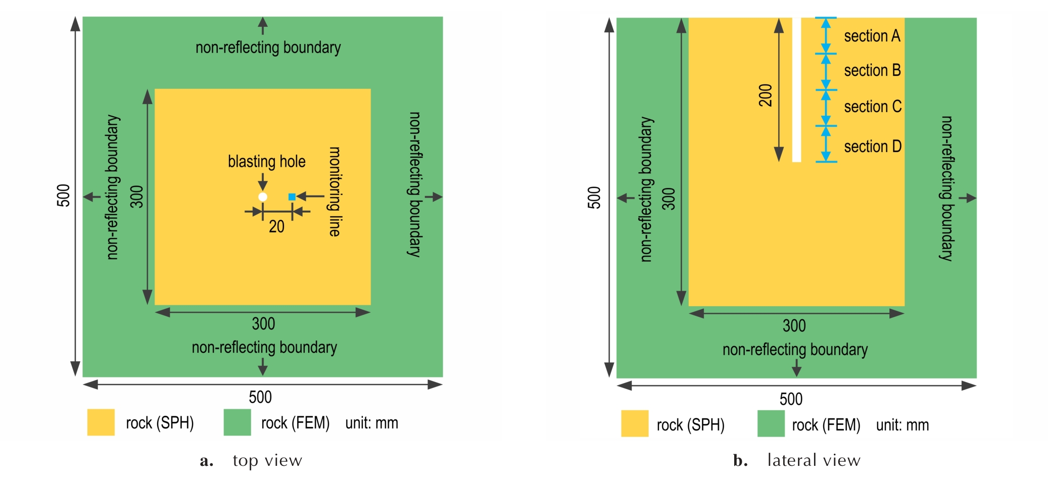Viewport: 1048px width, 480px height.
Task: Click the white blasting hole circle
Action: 263,197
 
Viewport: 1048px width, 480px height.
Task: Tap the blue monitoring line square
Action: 292,197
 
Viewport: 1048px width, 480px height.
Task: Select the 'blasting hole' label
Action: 267,162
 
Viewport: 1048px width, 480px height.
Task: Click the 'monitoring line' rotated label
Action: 335,191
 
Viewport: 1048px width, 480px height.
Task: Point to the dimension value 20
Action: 276,226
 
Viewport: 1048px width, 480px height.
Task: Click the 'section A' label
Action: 872,36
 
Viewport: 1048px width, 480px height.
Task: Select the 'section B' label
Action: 873,70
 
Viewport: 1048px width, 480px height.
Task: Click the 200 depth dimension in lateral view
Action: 766,95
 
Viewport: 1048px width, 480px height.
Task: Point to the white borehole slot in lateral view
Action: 797,90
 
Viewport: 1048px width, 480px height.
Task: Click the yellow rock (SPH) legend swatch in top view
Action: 101,422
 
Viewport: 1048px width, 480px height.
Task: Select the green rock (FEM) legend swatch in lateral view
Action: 771,423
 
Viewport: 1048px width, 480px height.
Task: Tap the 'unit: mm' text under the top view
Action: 372,423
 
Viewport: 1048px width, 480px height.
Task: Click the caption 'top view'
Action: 267,461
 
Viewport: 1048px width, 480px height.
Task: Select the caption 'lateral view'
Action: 814,460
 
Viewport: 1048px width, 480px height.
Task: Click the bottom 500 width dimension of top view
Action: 260,397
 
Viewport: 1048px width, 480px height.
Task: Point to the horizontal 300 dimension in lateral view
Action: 794,326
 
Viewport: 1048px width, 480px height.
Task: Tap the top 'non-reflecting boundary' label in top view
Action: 268,47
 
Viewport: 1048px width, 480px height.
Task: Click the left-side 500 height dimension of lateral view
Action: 594,198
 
